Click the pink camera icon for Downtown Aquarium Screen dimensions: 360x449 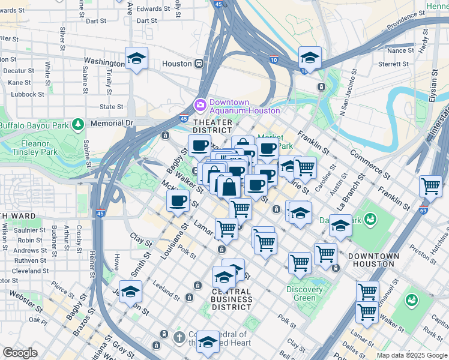click(200, 106)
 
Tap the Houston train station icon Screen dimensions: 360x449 click(198, 64)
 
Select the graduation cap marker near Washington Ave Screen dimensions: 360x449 click(136, 59)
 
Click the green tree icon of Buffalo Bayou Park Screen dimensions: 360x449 click(77, 125)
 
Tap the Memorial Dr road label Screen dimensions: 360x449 click(111, 122)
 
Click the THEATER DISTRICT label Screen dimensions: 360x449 click(212, 125)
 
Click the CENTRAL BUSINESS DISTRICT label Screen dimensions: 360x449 click(232, 299)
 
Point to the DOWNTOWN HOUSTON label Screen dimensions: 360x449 click(373, 260)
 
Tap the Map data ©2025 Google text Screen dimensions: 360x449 click(411, 355)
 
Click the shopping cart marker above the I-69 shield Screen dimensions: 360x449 click(430, 186)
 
